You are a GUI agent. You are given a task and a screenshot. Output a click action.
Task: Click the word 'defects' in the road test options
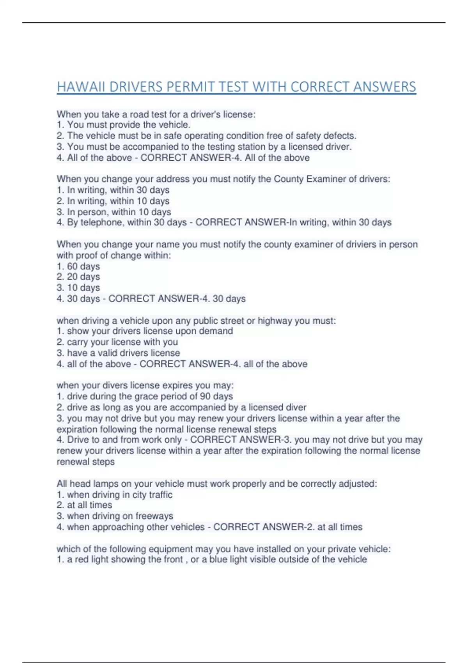(339, 136)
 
